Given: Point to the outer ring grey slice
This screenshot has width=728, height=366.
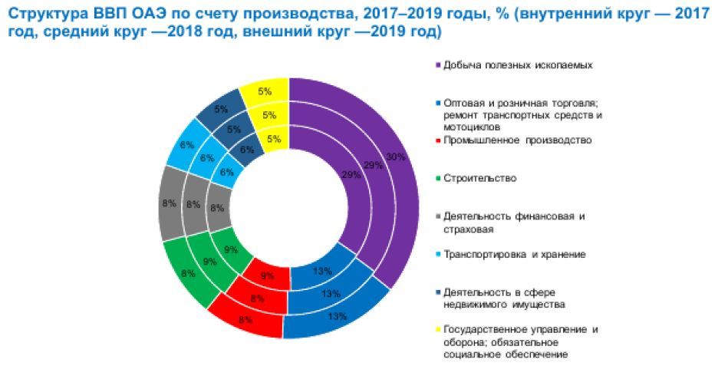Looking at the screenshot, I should pos(170,205).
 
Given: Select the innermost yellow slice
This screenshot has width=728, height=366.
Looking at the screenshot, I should pos(272,140).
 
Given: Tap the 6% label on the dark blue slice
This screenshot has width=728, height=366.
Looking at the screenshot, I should pos(248,151).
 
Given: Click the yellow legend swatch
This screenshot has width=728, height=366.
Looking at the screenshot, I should pos(438,330).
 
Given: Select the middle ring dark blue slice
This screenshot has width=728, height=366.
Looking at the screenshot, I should pos(233,130).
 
